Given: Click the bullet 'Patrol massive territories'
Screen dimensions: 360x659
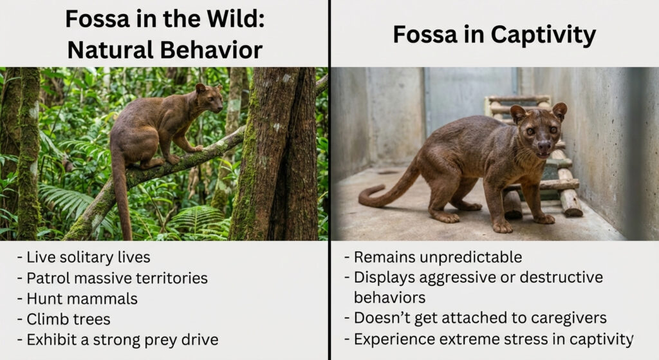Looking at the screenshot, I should pyautogui.click(x=112, y=278).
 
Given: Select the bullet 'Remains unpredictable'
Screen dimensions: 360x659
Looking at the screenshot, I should pyautogui.click(x=438, y=258).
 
